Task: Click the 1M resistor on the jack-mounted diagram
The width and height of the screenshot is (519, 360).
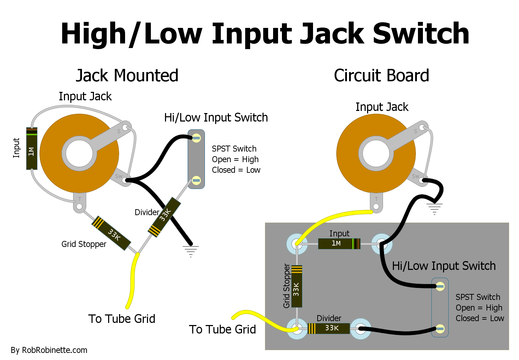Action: coord(32,149)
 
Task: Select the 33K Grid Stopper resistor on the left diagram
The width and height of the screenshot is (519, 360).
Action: coord(111,233)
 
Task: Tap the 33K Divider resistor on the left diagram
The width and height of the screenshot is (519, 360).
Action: coord(164,216)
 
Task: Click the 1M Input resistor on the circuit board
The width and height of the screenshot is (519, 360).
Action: coord(339,244)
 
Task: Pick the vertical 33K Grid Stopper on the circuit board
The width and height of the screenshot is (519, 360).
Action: coord(297,286)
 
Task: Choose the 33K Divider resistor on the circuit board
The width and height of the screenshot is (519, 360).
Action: coord(329,328)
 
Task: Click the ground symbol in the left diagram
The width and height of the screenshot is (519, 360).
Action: coord(191,250)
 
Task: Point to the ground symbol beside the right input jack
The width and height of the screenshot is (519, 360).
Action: coord(435,208)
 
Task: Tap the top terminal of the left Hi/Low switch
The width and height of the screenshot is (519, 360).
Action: coord(196,138)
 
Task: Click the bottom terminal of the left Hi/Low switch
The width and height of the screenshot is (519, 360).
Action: coord(196,181)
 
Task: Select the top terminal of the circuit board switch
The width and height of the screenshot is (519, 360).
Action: coord(440,286)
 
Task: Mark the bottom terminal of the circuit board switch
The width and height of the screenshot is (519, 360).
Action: coord(440,329)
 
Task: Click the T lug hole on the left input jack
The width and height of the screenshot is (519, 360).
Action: coord(79,206)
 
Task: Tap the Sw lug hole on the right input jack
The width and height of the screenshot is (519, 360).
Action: coord(421,181)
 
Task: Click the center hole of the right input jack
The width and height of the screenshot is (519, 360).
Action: coord(376,154)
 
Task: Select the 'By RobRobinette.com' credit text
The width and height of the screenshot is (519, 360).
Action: coord(49,350)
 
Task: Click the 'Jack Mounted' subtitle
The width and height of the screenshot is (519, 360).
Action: coord(127,76)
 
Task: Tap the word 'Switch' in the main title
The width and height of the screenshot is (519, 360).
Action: coord(421,34)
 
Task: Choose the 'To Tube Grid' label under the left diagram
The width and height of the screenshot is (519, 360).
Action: coord(122,319)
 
